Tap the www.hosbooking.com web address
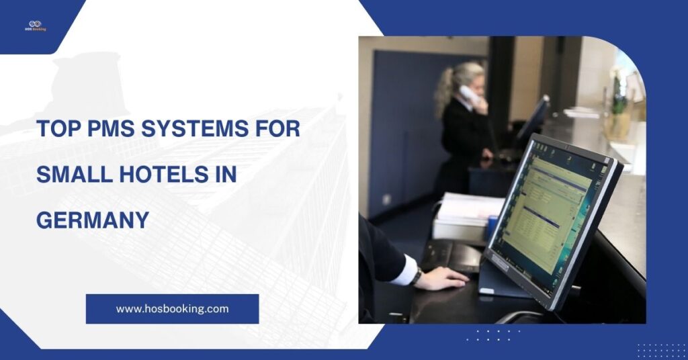click(172, 309)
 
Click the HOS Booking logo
click(35, 26)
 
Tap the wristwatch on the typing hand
click(417, 275)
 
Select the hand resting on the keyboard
click(443, 277)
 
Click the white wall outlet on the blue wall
click(386, 199)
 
